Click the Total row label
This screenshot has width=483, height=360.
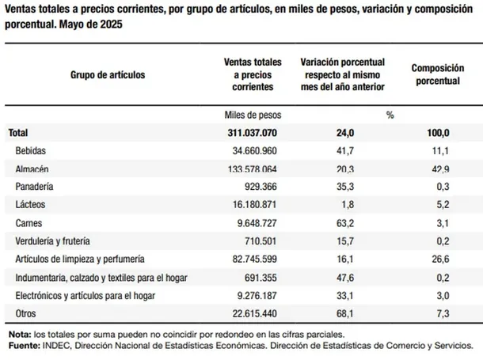[x=18, y=133]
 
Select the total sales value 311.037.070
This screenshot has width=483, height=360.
[x=253, y=133]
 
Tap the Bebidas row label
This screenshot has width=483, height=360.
[x=31, y=151]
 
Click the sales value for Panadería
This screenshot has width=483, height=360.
[x=261, y=187]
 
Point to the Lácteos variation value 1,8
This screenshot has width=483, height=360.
[x=348, y=205]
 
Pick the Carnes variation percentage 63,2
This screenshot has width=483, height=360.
[x=345, y=223]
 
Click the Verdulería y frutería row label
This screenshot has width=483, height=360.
[x=53, y=241]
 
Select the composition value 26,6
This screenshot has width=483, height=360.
[x=440, y=259]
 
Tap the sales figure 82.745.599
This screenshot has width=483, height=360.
[x=254, y=259]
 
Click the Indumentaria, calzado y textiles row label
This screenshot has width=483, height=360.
[x=101, y=278]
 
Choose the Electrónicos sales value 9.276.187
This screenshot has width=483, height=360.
[x=257, y=296]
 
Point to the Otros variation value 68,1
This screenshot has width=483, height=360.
[x=345, y=313]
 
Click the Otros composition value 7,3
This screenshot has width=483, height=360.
[x=443, y=313]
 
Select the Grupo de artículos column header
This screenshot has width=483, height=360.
[x=108, y=74]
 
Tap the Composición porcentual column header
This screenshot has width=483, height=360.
[x=438, y=74]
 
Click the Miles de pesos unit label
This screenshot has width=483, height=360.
[x=253, y=115]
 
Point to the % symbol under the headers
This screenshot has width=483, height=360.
[x=390, y=115]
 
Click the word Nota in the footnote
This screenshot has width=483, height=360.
[x=20, y=335]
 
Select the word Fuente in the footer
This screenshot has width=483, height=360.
[x=25, y=346]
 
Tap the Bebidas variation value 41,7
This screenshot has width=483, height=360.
[x=345, y=151]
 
